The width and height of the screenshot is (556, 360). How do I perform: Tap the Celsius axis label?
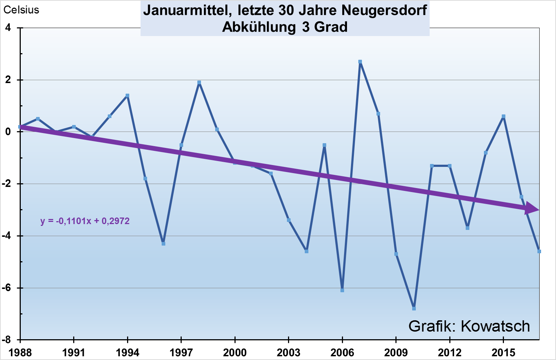pos(21,10)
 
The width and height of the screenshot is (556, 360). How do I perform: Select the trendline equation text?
pos(85,221)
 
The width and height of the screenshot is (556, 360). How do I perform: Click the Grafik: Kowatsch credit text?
pos(469,326)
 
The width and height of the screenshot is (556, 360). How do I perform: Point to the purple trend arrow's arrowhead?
pos(532,209)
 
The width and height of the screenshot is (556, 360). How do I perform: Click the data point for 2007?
pos(360,62)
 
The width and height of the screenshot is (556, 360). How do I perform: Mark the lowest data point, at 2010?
pos(414,309)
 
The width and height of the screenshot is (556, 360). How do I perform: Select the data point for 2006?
pos(342,290)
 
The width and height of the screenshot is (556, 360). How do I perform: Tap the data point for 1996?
pos(163,244)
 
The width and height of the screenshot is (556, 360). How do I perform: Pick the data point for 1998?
pos(199,83)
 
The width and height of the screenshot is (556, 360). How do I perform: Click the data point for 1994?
pos(127,96)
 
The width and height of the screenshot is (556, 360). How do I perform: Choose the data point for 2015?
pos(504,117)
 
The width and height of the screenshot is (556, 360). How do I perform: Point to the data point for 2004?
pos(307,251)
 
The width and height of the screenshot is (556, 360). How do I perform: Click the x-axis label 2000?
pos(235,353)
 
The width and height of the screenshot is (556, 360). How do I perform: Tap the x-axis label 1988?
pos(20,353)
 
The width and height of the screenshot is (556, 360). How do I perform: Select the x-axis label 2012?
pos(450,353)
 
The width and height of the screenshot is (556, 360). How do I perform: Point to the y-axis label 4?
pos(8,28)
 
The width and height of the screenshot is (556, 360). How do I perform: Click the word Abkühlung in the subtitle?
pos(259,27)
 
